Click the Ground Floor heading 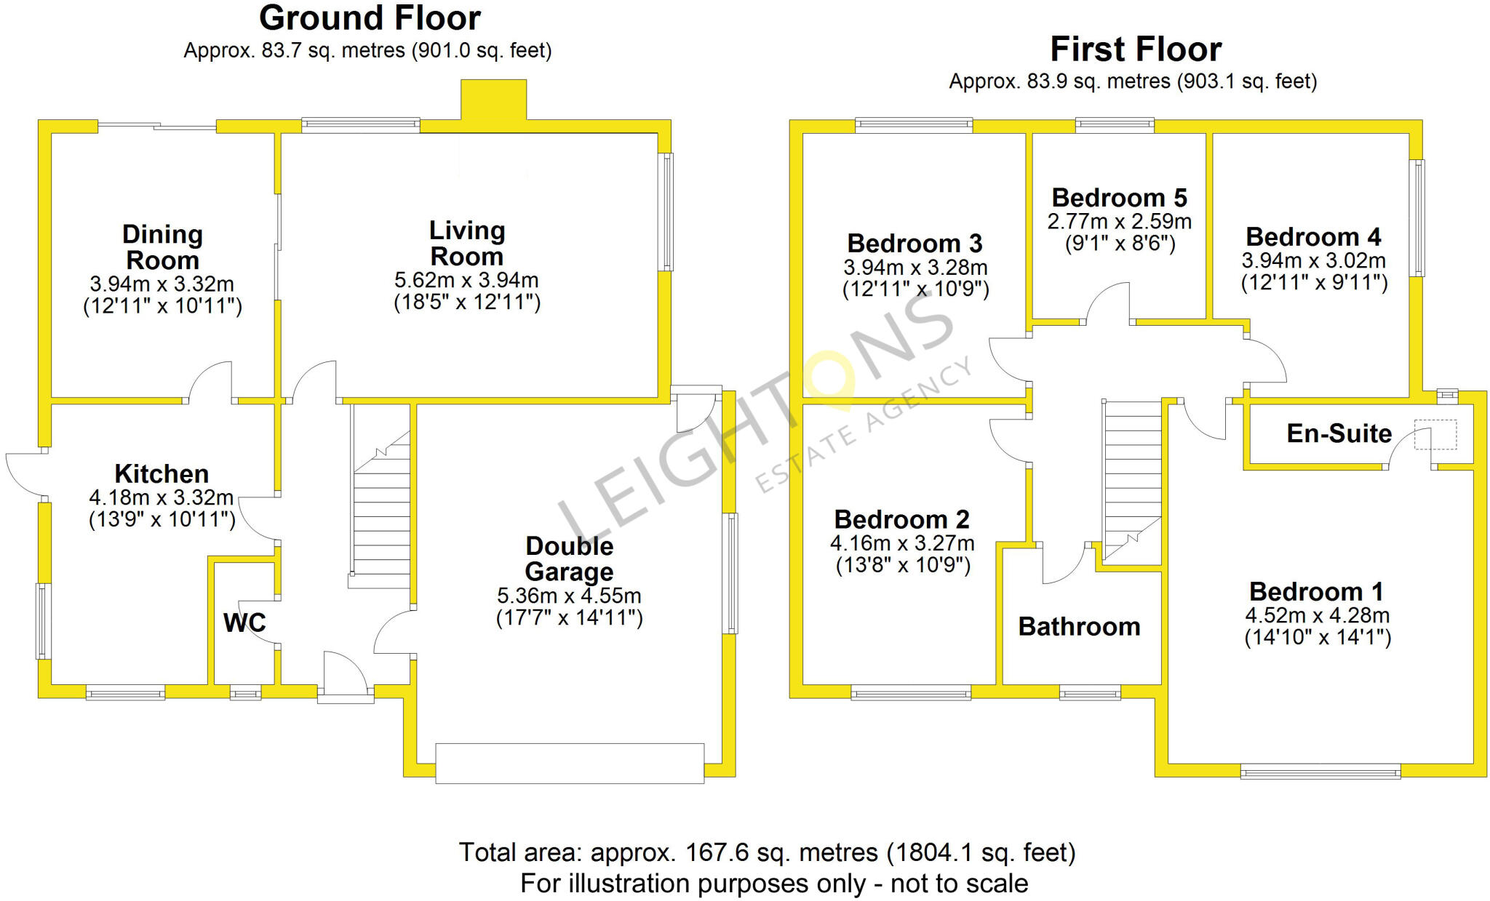370,18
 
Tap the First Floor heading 1135,49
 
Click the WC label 244,622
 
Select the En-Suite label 1339,433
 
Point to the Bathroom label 1079,627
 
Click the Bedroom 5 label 1119,198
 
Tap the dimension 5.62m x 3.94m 466,280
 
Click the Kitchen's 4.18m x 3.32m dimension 162,498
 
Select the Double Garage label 569,558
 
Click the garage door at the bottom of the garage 570,764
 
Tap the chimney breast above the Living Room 493,100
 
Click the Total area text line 766,852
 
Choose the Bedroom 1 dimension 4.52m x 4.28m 1317,616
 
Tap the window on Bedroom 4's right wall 1417,218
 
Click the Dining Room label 162,247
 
